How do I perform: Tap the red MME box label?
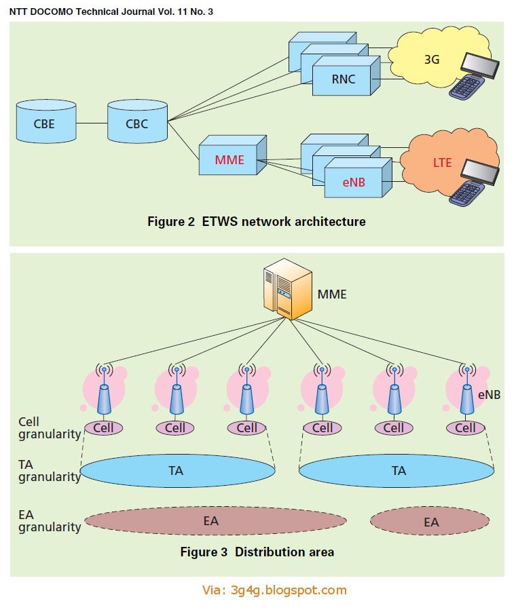(x=229, y=161)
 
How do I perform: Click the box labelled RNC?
(x=343, y=80)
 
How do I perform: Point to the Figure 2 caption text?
(x=256, y=221)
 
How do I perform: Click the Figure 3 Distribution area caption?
(x=257, y=552)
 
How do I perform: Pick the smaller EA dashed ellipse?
(x=430, y=521)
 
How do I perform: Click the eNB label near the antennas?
(x=489, y=394)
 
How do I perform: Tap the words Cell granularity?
(x=49, y=428)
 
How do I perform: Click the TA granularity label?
(x=49, y=471)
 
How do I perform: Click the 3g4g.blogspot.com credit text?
(x=274, y=590)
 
